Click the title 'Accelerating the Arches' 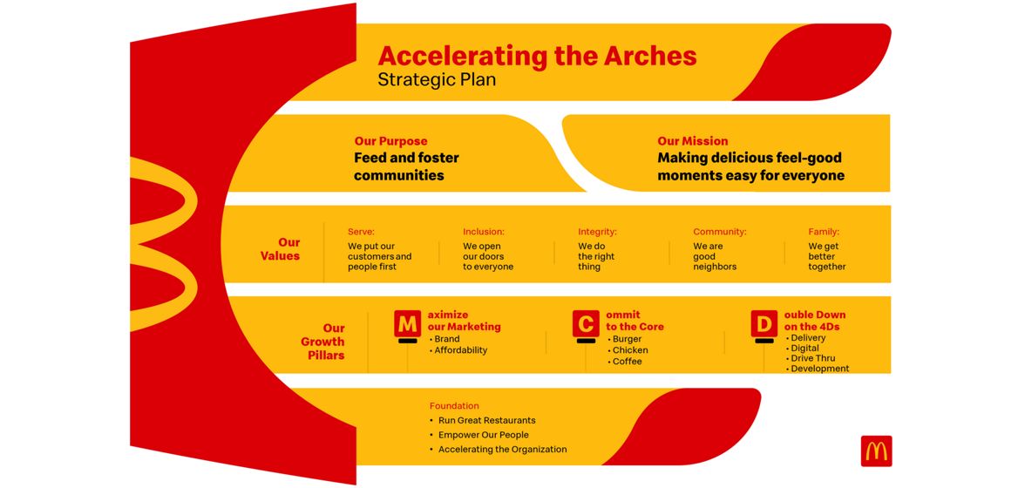537,57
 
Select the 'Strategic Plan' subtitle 437,80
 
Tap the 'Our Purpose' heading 390,141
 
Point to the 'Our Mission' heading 692,141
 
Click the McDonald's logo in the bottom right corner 876,451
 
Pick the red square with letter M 407,324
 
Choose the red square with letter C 585,324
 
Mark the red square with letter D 763,324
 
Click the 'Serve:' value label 361,232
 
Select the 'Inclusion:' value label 483,232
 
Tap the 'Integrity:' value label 597,232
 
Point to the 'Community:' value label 719,232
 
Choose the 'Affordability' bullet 460,350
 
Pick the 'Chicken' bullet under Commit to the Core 629,350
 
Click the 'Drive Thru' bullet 812,358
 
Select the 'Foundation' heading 454,406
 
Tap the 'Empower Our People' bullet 483,435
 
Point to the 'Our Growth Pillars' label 322,342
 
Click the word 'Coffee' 627,362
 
